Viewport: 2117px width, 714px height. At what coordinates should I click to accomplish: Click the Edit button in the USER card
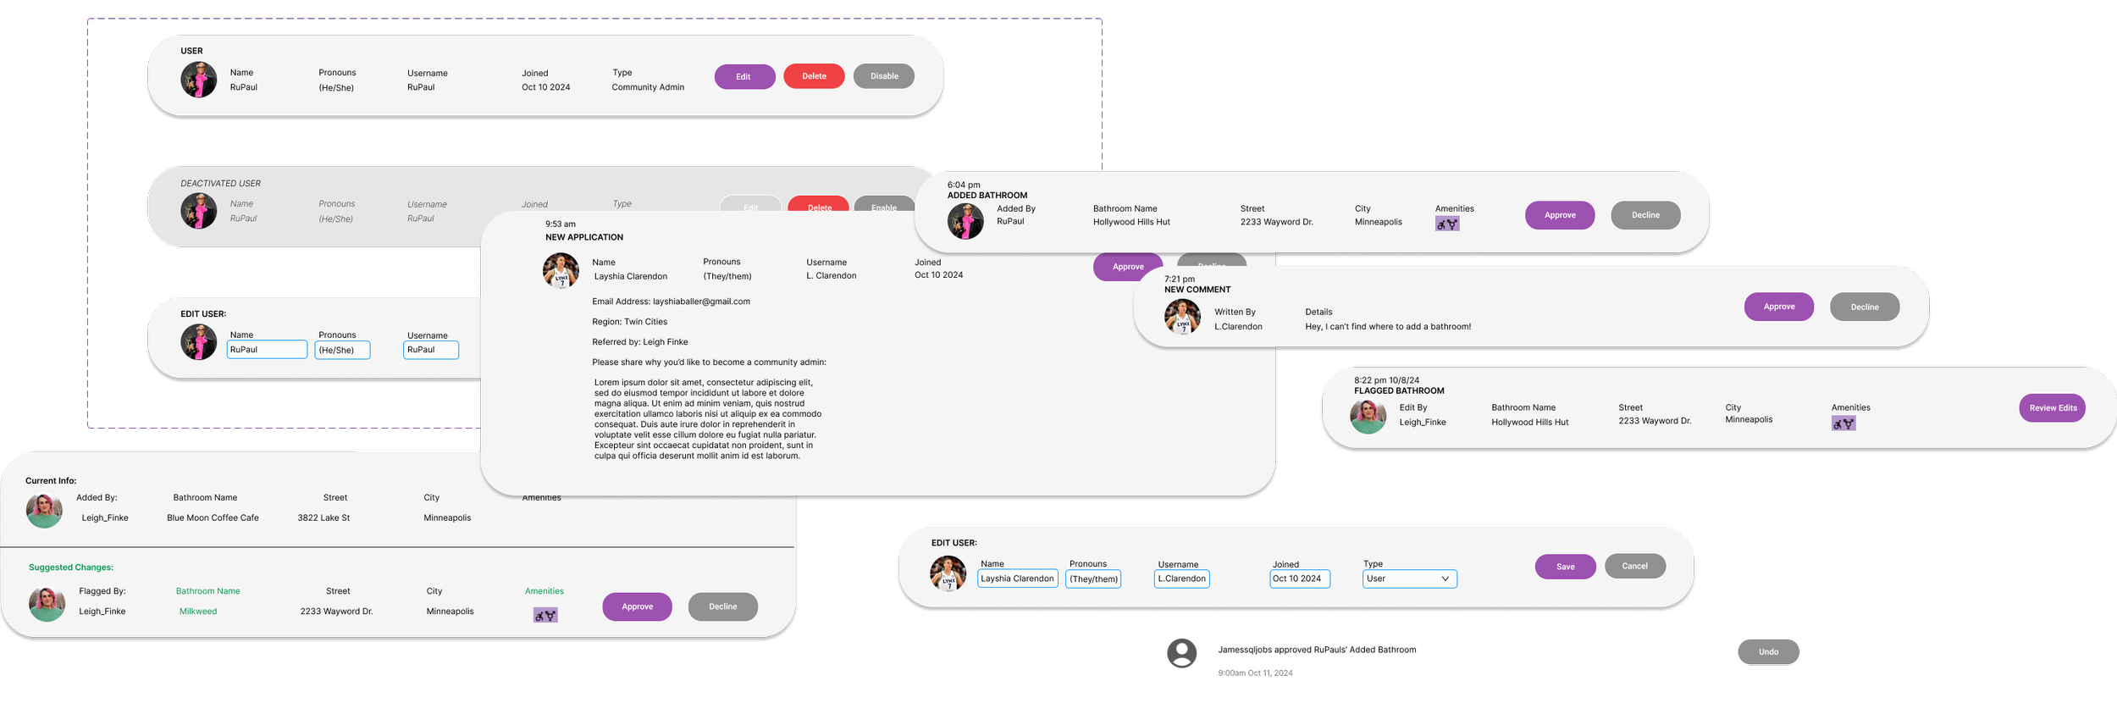pos(744,77)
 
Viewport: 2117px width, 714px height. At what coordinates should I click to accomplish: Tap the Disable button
pos(883,76)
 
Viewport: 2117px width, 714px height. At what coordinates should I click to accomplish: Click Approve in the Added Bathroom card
pos(1559,215)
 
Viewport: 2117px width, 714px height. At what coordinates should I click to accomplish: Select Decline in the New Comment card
pos(1864,307)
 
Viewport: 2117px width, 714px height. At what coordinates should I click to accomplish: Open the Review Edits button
pos(2052,407)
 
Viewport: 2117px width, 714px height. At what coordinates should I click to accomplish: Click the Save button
pos(1565,567)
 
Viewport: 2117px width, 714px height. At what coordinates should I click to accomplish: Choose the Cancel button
pos(1634,566)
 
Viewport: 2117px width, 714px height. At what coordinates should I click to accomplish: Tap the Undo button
pos(1768,651)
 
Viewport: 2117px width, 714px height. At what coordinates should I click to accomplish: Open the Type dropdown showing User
pos(1409,578)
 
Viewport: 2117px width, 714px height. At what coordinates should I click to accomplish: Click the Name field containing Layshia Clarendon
pos(1017,578)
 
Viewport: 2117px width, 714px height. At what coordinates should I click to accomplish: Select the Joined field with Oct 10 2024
pos(1300,578)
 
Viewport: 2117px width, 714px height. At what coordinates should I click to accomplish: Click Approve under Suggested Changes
pos(637,606)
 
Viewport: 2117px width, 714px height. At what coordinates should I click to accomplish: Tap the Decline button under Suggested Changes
pos(722,606)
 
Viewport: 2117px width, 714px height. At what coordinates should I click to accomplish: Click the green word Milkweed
pos(198,612)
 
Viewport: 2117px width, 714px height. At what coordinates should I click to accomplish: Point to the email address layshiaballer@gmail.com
pos(701,302)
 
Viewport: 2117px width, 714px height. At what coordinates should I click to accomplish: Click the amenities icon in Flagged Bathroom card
pos(1843,423)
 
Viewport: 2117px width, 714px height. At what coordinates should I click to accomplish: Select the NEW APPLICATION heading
pos(584,237)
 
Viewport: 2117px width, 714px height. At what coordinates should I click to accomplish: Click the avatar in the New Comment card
pos(1182,318)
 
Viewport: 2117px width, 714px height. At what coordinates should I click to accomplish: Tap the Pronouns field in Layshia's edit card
pos(1093,579)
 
